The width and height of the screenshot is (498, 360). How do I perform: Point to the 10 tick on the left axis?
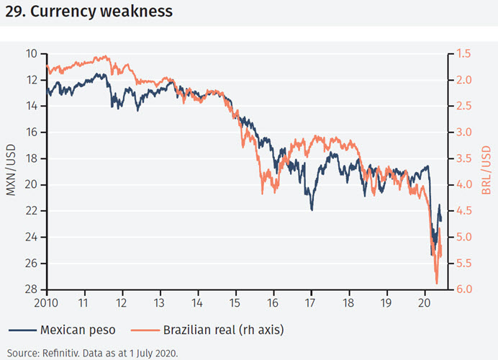tap(31, 54)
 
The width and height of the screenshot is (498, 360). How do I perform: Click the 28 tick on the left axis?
tap(31, 289)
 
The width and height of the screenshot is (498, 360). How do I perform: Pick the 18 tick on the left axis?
tap(31, 158)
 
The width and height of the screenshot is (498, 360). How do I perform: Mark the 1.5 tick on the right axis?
tap(463, 54)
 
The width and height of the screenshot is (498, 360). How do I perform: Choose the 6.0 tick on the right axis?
tap(463, 289)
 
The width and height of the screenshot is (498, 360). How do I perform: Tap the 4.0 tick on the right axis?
tap(463, 185)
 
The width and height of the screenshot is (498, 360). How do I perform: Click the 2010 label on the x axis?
tap(46, 302)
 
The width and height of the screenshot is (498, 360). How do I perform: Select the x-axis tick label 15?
tap(235, 302)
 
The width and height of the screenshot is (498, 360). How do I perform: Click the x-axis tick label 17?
tap(311, 302)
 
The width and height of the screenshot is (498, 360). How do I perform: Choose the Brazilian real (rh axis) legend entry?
tap(216, 330)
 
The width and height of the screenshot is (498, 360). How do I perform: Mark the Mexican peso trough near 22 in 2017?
tap(312, 210)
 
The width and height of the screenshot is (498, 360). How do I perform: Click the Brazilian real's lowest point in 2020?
tap(436, 283)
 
